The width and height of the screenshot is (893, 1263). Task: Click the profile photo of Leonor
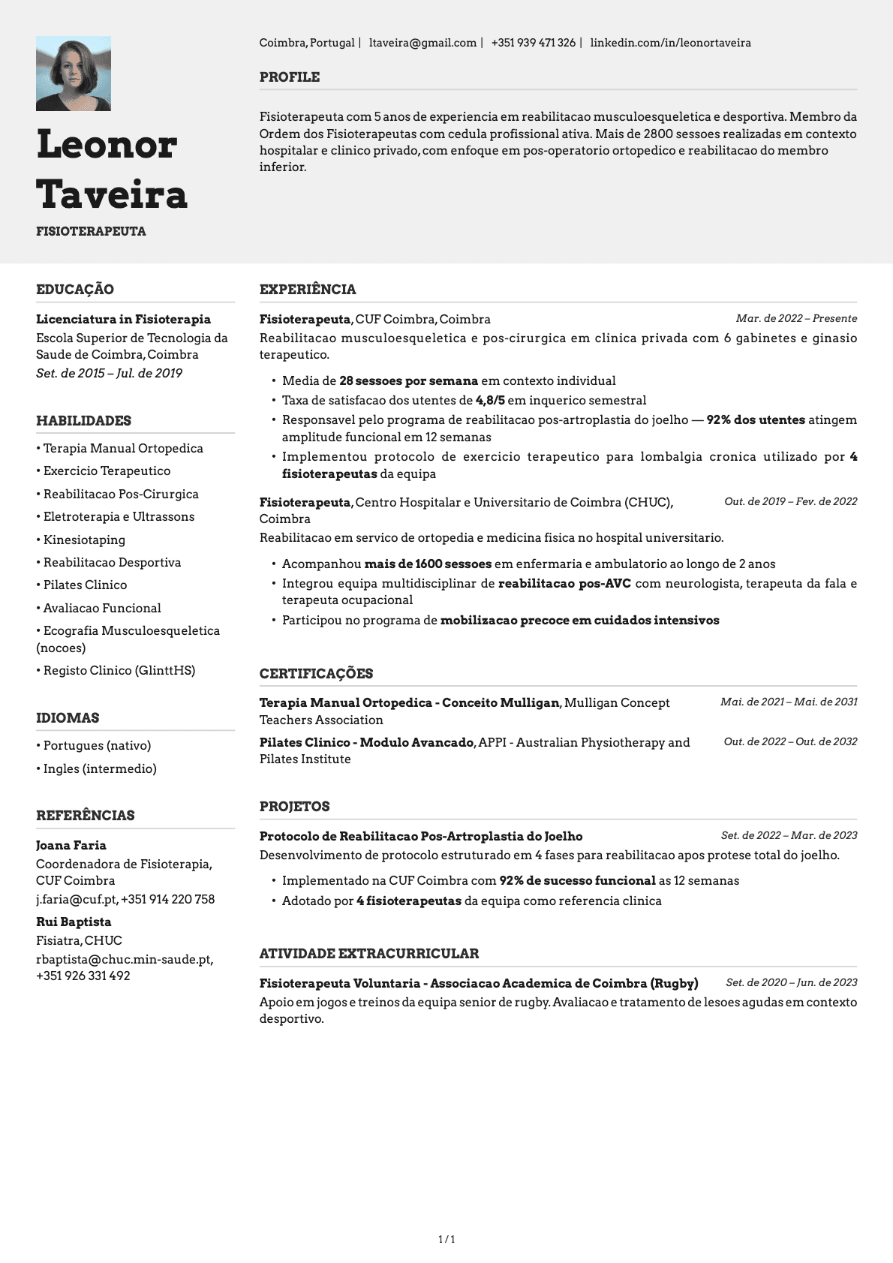[x=74, y=74]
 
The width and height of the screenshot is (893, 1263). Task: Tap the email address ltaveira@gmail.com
[x=422, y=43]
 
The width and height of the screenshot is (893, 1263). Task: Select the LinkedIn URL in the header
[x=670, y=43]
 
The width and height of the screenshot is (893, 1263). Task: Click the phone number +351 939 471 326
[x=533, y=43]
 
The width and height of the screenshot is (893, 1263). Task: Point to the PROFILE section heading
[x=290, y=77]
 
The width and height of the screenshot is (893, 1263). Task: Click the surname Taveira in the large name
[x=112, y=194]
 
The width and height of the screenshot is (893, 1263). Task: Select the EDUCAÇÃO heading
[x=75, y=290]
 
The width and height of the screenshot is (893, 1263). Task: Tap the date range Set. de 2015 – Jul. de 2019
[x=109, y=373]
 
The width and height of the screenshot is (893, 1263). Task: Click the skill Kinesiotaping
[x=84, y=540]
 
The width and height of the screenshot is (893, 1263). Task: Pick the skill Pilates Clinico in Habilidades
[x=85, y=585]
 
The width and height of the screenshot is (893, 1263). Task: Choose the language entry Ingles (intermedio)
[x=100, y=768]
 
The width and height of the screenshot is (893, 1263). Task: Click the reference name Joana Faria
[x=71, y=845]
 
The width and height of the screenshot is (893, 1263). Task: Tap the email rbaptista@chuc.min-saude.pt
[x=125, y=959]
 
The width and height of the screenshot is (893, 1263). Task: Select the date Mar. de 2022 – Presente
[x=795, y=319]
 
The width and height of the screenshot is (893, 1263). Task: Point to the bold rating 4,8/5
[x=490, y=400]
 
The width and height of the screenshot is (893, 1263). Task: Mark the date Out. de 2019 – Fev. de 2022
[x=790, y=501]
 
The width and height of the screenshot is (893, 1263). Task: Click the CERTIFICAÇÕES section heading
[x=316, y=674]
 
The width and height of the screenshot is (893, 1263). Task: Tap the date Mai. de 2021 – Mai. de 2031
[x=788, y=702]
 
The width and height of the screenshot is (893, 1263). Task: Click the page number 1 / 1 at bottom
[x=446, y=1239]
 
